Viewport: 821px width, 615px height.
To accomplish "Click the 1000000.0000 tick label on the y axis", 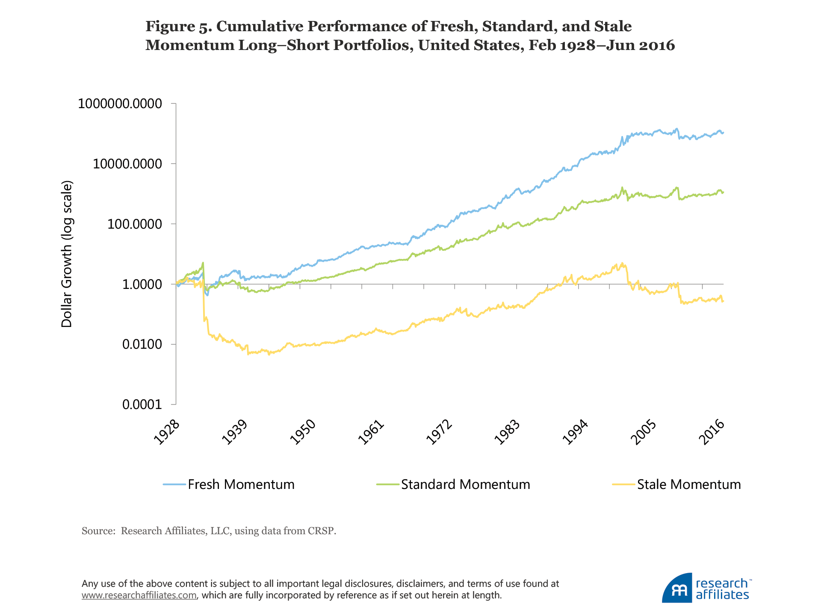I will (x=120, y=104).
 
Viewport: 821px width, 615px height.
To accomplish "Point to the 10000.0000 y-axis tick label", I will (x=127, y=164).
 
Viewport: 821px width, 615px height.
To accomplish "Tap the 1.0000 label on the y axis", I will (x=142, y=285).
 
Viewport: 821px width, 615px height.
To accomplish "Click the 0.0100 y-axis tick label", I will (x=142, y=344).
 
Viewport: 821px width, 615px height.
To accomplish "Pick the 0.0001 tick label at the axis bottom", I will (x=142, y=405).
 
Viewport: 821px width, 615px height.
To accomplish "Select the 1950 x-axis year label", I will (x=302, y=433).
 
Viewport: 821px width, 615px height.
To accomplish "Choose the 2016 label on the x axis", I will (x=711, y=433).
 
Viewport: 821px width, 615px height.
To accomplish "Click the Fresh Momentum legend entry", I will (x=241, y=485).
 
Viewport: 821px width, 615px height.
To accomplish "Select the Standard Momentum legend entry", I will (x=465, y=485).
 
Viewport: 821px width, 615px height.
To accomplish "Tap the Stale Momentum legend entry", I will (x=688, y=485).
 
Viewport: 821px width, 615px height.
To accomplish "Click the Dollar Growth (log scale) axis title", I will (x=67, y=254).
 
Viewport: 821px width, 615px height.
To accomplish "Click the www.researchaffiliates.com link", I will (x=139, y=595).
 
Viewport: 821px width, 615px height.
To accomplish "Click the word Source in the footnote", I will (x=97, y=531).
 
